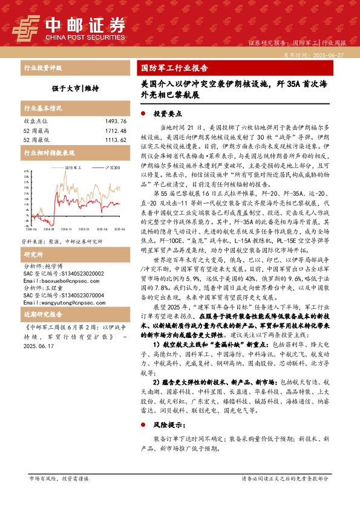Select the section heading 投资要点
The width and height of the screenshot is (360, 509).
point(166,113)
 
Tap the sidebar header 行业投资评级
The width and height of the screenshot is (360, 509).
point(42,68)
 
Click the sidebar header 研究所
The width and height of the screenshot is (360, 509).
point(34,238)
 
